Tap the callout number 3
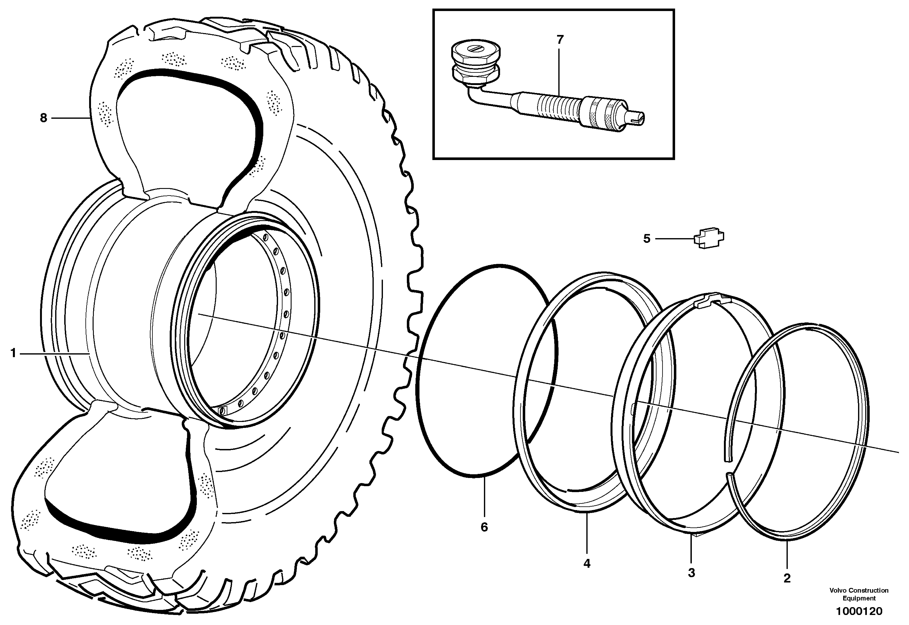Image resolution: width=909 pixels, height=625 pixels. (x=691, y=573)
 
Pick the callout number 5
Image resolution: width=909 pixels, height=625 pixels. (x=647, y=238)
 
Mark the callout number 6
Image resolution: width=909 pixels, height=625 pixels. (x=484, y=527)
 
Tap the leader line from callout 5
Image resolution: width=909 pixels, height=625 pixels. (x=674, y=238)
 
